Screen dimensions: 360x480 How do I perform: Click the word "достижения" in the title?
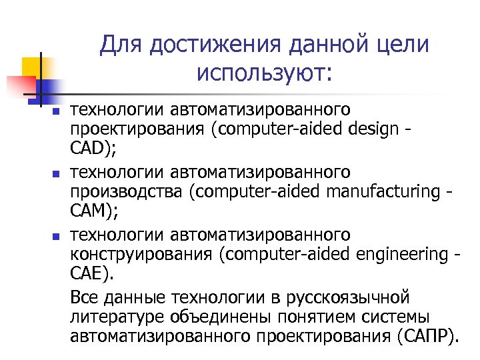tap(200, 46)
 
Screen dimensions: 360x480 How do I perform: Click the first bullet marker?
tap(57, 111)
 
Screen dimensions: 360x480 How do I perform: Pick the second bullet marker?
tap(57, 175)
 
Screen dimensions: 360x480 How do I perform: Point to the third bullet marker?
tap(57, 237)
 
